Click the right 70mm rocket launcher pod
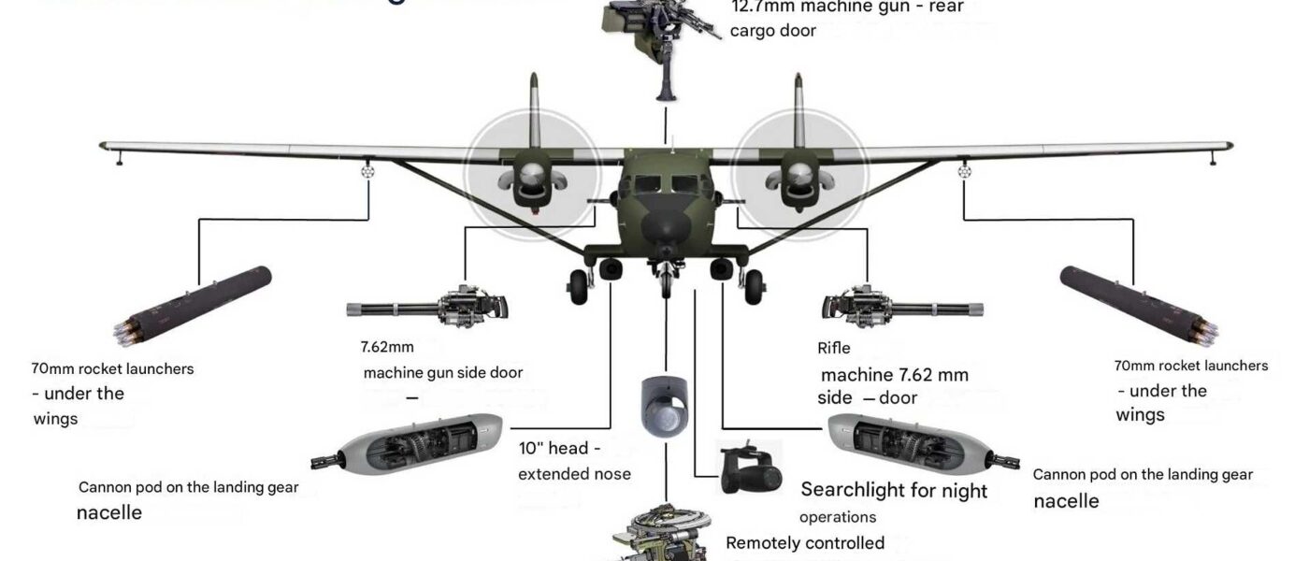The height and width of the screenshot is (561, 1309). click(x=1136, y=304)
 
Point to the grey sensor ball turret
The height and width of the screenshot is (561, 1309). click(x=666, y=408)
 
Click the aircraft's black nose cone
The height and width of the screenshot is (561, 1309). click(x=666, y=224)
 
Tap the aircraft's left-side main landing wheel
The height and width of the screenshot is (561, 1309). click(x=580, y=280)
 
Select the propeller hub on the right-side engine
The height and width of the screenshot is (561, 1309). click(x=800, y=173)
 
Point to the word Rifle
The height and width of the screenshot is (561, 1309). click(x=834, y=349)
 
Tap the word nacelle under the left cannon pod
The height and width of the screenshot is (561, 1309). click(x=109, y=512)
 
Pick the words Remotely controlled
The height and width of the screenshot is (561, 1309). click(x=805, y=543)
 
